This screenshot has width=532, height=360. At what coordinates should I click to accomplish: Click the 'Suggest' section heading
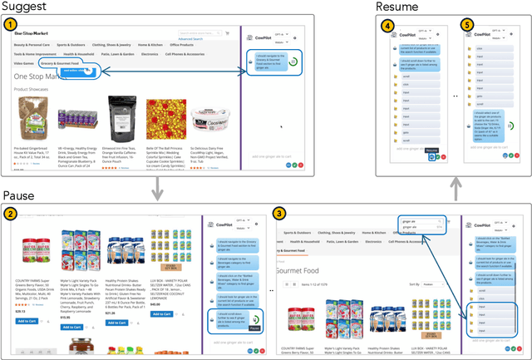click(x=24, y=7)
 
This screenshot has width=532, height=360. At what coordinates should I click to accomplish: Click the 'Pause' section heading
click(x=20, y=195)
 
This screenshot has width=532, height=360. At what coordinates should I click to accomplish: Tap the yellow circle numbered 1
click(x=11, y=25)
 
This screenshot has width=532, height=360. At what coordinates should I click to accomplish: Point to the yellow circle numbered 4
click(x=387, y=25)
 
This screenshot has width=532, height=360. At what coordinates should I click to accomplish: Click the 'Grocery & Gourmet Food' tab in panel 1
click(x=59, y=62)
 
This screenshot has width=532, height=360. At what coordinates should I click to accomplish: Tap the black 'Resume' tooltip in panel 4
click(x=431, y=149)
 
